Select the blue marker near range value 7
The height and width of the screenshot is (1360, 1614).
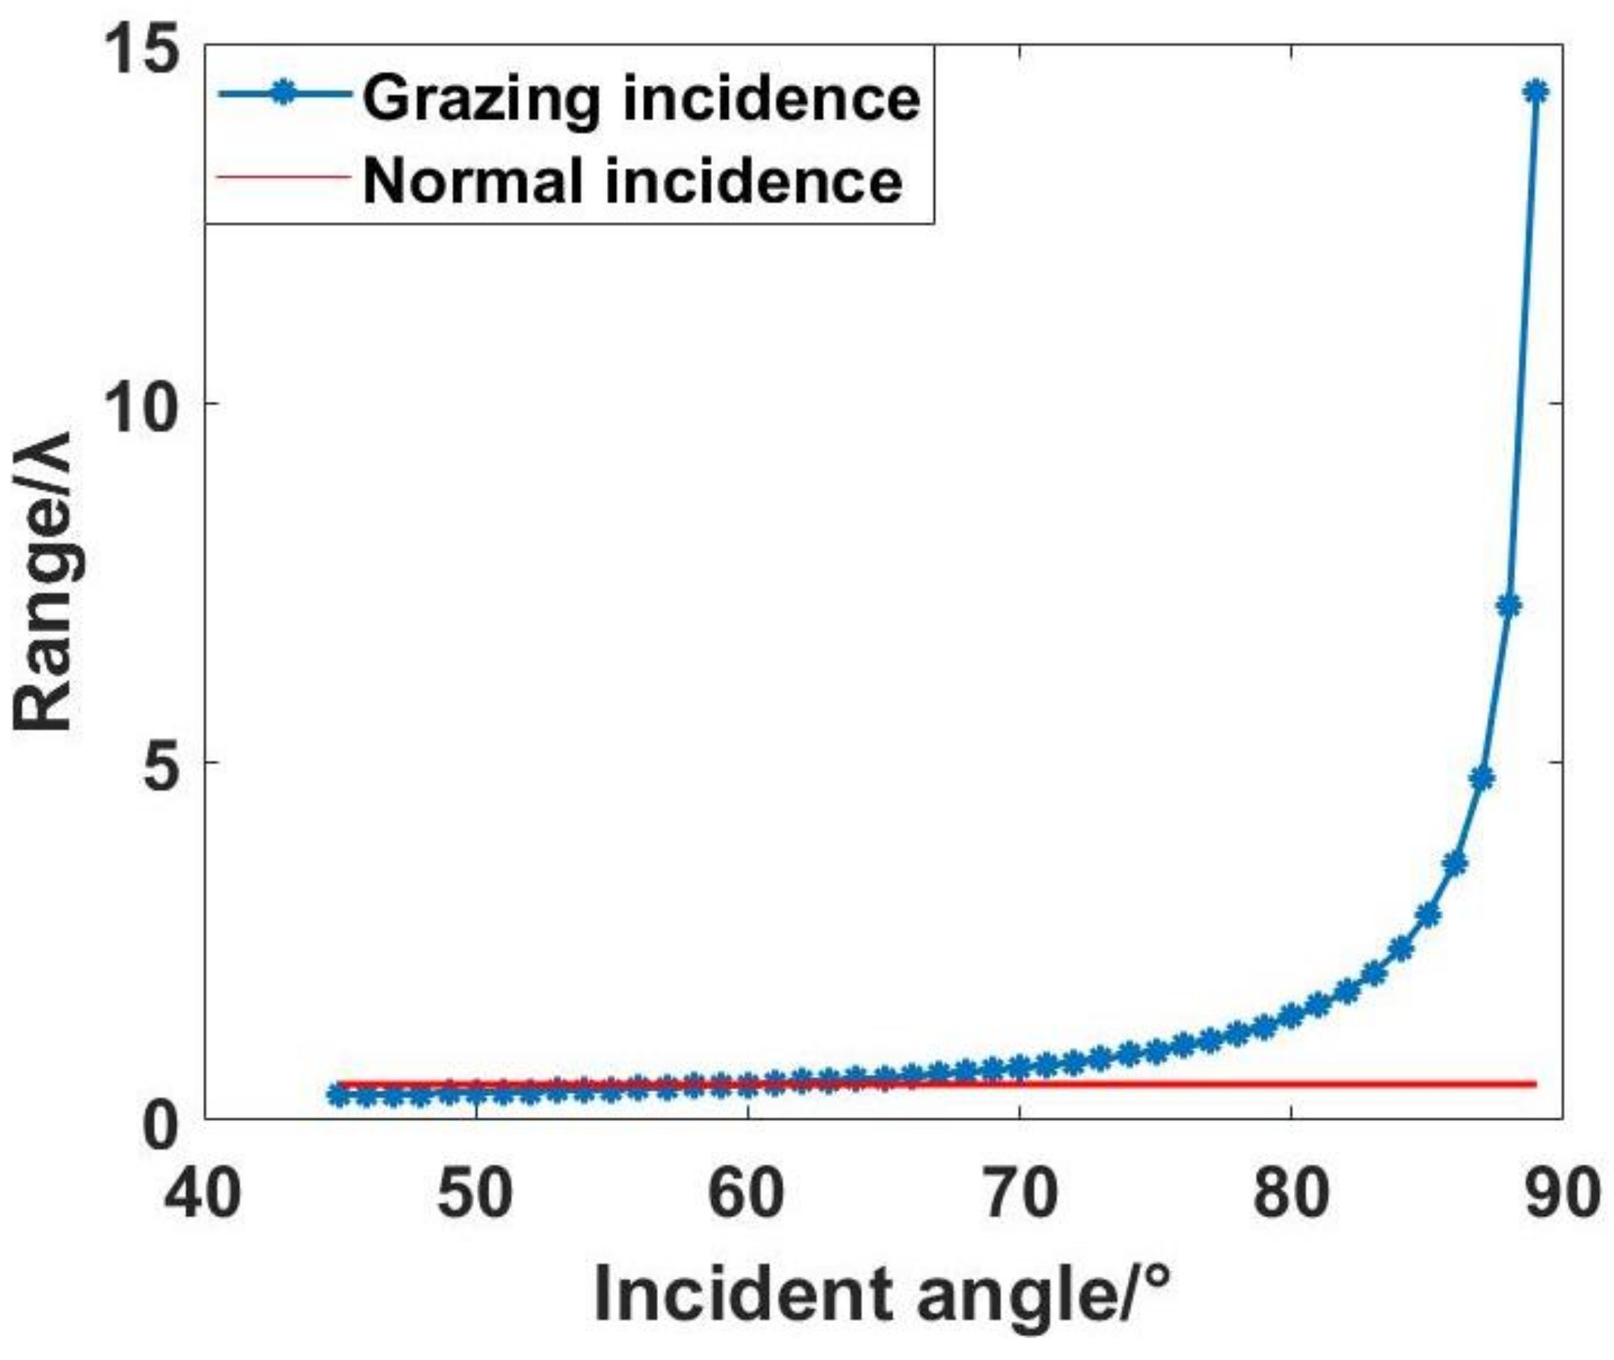(1508, 606)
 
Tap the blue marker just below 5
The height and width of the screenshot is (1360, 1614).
(1481, 779)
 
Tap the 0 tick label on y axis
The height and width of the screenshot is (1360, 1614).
(163, 1127)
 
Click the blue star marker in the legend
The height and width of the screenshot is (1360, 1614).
(284, 92)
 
